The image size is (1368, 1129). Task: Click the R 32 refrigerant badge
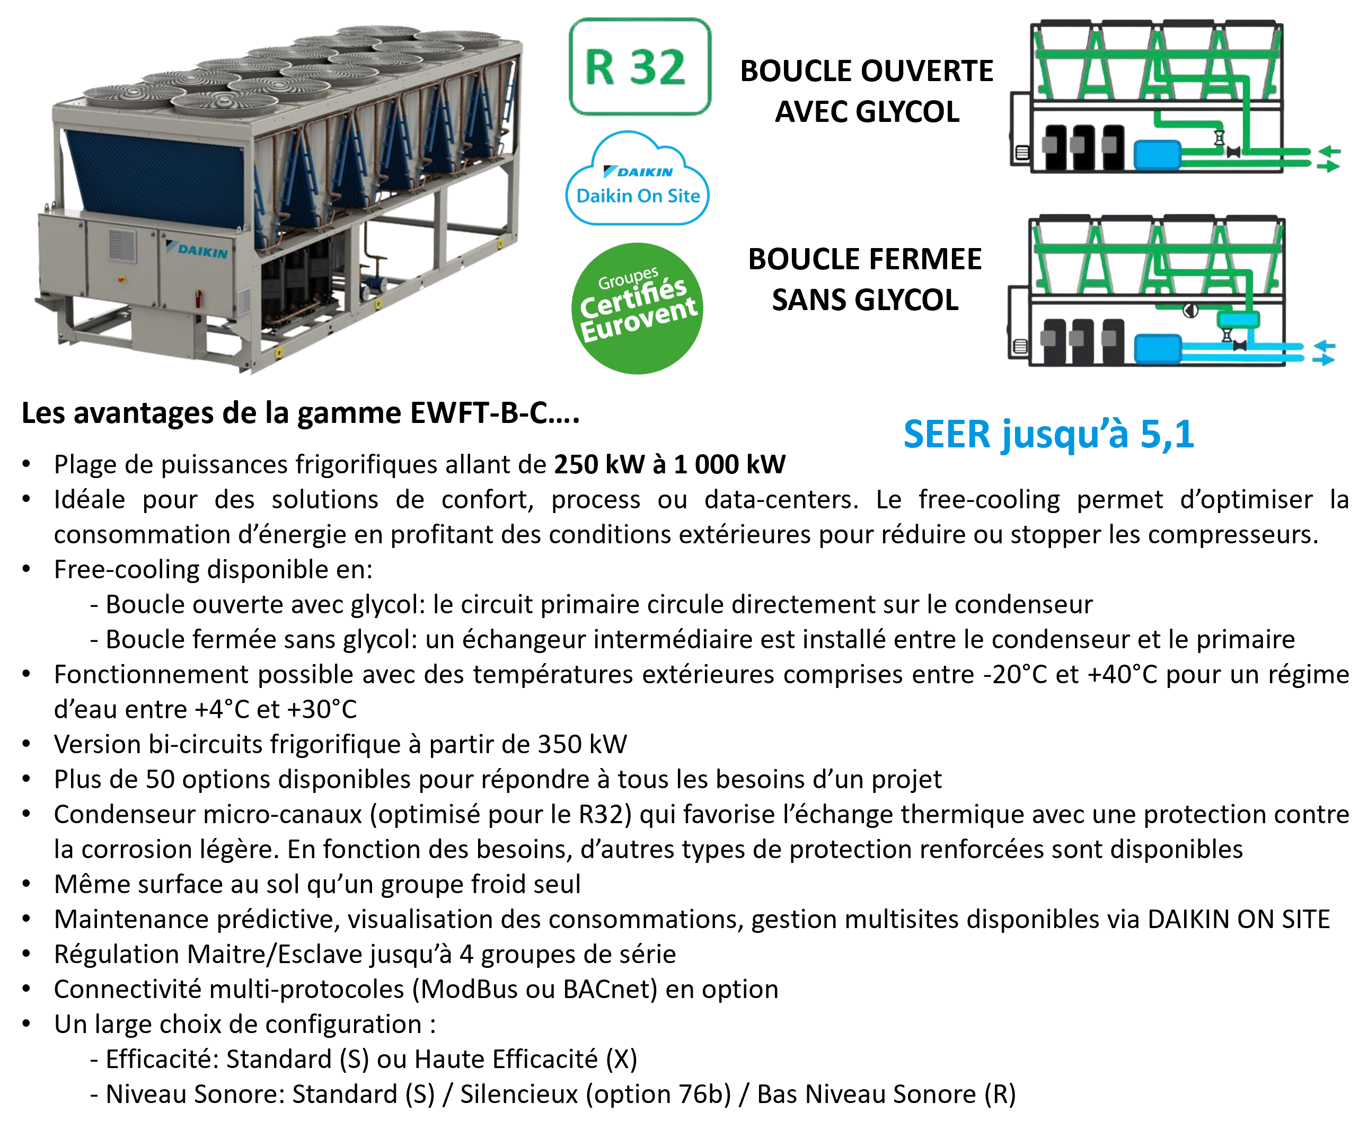click(x=640, y=67)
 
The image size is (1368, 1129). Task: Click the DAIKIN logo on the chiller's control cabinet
click(x=198, y=250)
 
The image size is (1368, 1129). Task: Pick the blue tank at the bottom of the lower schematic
click(x=1158, y=349)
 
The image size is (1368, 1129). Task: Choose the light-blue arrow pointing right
click(x=1325, y=360)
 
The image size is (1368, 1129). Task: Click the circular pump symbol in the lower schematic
click(x=1190, y=312)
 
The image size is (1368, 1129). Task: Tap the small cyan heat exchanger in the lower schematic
click(x=1239, y=319)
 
